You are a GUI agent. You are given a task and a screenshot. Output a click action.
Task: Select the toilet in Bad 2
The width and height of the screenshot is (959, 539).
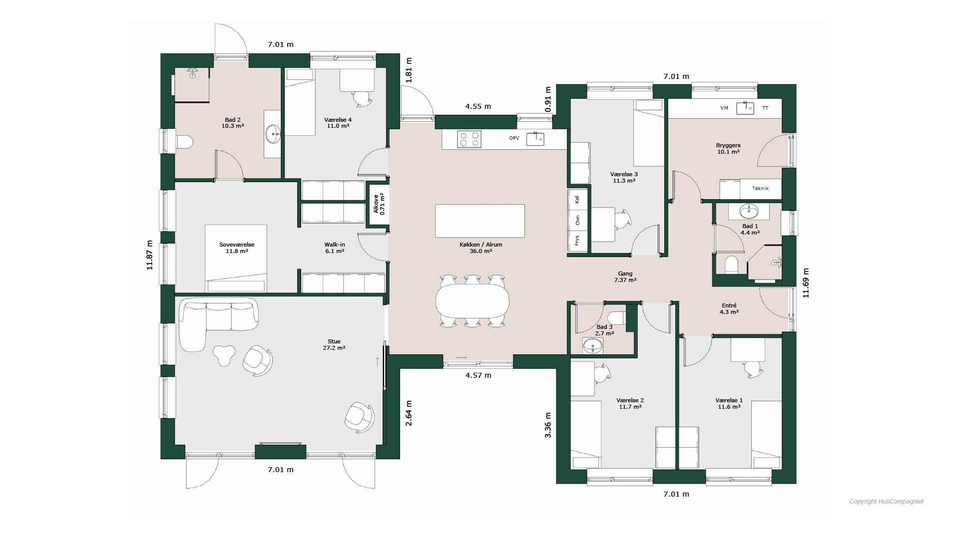point(184,142)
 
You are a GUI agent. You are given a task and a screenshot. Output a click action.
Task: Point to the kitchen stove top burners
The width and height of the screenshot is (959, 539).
point(470,139)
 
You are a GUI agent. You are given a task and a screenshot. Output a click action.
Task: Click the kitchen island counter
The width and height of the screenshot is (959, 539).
point(480,221)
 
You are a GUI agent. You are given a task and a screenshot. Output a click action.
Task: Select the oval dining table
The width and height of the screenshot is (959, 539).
point(473,301)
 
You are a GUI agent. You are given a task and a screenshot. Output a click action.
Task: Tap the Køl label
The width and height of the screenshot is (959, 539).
point(577,199)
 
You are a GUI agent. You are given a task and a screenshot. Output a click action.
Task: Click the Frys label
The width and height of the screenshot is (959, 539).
point(577,241)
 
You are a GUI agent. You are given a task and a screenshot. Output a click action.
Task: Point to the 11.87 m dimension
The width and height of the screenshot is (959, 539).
point(149,255)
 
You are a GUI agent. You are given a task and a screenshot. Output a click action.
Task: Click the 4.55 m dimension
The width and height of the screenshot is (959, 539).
point(478,106)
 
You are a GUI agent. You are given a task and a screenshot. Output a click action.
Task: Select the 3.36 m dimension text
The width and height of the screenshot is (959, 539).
point(548,425)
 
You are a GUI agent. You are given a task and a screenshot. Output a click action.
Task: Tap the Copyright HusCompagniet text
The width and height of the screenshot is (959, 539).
point(887,502)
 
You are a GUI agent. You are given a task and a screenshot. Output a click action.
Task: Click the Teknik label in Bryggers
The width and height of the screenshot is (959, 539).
point(760,189)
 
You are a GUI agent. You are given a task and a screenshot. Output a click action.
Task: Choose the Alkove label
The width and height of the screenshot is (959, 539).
point(376,204)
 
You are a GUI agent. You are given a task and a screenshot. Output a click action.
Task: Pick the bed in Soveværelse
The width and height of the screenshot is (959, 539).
point(236,259)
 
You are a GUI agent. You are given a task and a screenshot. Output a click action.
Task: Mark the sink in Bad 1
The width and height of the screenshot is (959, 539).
point(749,212)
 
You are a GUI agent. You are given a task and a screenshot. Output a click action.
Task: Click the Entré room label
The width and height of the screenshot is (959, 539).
point(729,305)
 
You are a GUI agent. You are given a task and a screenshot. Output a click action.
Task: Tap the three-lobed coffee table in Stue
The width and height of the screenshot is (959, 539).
point(224,355)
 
